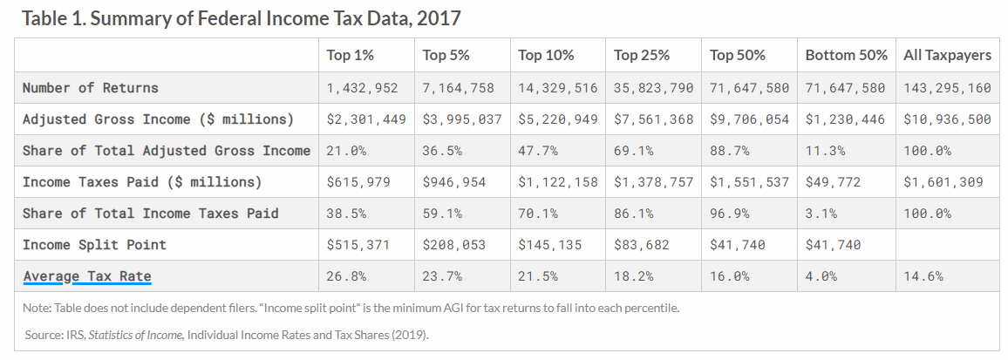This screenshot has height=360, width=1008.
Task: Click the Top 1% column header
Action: (x=351, y=55)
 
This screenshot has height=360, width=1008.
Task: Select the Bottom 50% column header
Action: (x=846, y=55)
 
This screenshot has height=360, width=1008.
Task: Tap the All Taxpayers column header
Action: (x=947, y=55)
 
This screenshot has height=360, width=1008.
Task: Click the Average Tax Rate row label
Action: (x=87, y=276)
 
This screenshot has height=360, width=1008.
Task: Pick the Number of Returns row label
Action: (x=91, y=87)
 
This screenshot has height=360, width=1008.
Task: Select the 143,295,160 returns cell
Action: (x=947, y=87)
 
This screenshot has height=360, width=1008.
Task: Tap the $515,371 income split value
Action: (x=356, y=245)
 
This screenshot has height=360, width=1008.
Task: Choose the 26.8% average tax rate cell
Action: (x=345, y=276)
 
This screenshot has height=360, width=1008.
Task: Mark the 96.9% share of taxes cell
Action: (x=730, y=214)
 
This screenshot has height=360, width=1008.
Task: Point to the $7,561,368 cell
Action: (x=654, y=119)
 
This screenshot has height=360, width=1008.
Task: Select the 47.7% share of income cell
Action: (x=538, y=151)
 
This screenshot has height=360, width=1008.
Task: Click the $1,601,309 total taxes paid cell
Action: (x=943, y=182)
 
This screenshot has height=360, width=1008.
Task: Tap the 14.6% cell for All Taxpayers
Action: (x=923, y=276)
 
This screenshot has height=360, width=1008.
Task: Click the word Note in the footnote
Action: (x=38, y=307)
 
